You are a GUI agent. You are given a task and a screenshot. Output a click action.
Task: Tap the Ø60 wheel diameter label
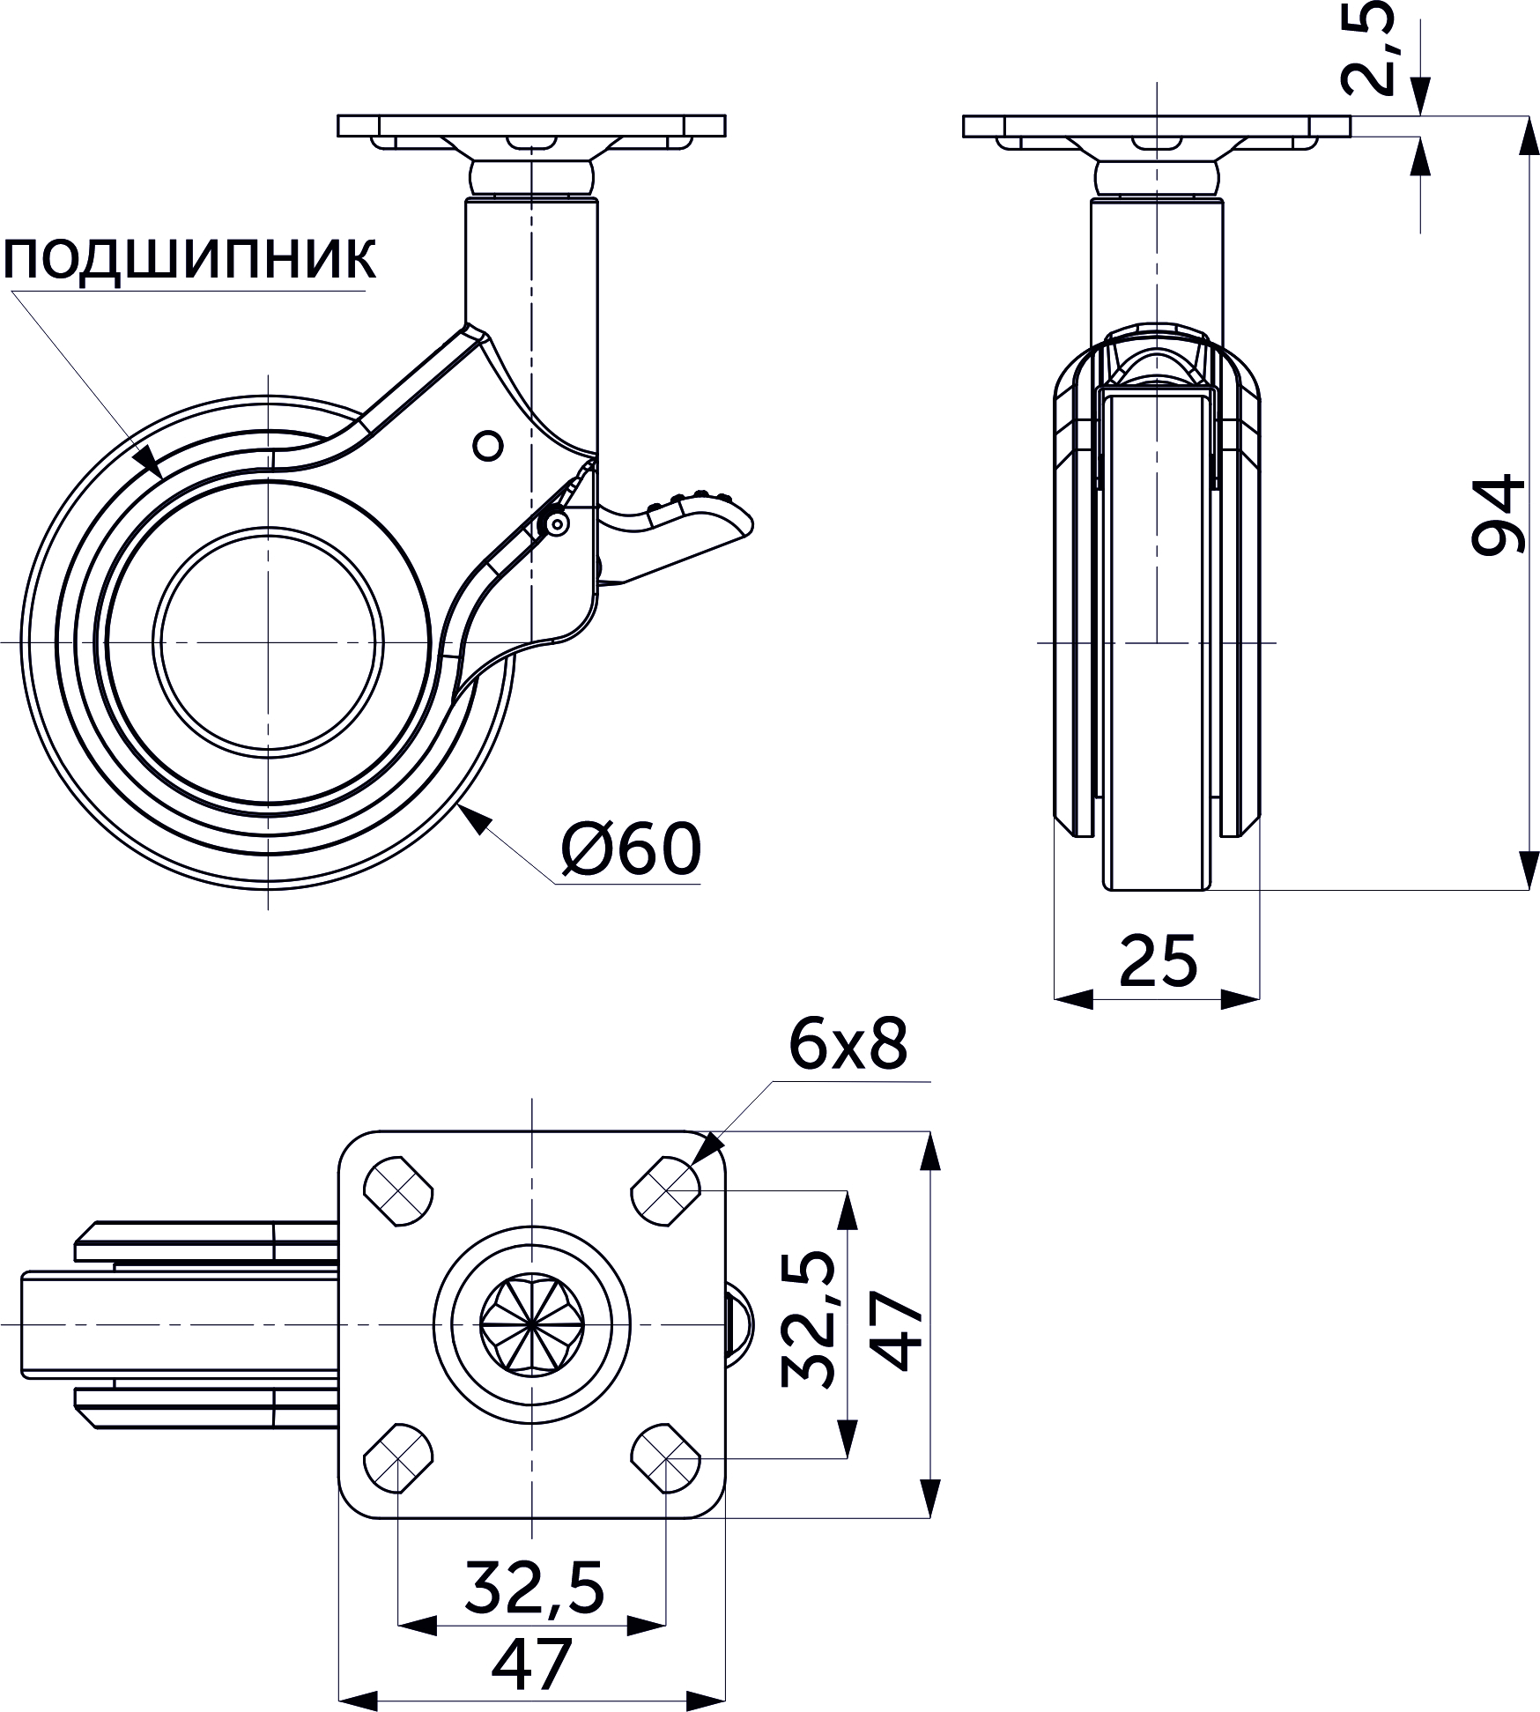632,849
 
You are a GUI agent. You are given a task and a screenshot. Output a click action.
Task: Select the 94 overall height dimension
1497,515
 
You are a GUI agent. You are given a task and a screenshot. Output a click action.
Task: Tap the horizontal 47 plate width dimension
532,1663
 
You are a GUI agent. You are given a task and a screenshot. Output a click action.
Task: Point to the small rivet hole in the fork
487,446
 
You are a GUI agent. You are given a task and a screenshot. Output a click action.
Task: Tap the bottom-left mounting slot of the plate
398,1457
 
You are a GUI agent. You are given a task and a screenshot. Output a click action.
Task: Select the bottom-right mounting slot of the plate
667,1457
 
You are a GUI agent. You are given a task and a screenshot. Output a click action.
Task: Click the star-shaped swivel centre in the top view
532,1324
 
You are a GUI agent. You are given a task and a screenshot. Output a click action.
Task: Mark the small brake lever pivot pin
556,524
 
